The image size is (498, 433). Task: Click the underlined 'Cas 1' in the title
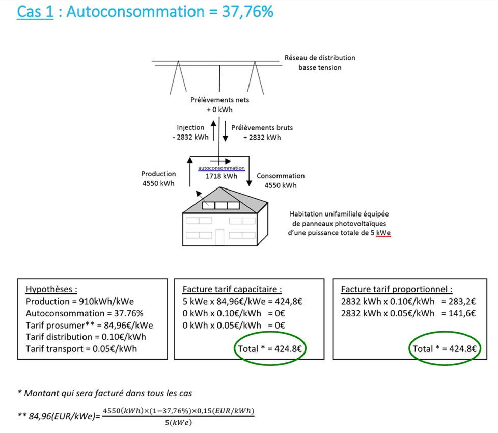click(35, 12)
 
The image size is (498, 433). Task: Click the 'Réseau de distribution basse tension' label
click(319, 63)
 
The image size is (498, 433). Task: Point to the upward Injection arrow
click(214, 131)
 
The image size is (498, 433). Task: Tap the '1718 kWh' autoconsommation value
click(222, 176)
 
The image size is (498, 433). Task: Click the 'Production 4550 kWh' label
click(158, 178)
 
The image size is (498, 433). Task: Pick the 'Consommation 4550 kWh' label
click(280, 180)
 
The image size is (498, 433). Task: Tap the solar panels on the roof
click(220, 206)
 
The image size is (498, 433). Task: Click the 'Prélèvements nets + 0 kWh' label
click(219, 105)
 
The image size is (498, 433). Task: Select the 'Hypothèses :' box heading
click(51, 289)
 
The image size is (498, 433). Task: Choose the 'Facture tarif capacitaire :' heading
click(232, 289)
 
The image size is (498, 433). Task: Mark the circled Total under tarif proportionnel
click(445, 349)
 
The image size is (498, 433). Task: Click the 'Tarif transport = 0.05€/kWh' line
click(81, 349)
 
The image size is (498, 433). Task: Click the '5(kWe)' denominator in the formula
click(178, 422)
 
